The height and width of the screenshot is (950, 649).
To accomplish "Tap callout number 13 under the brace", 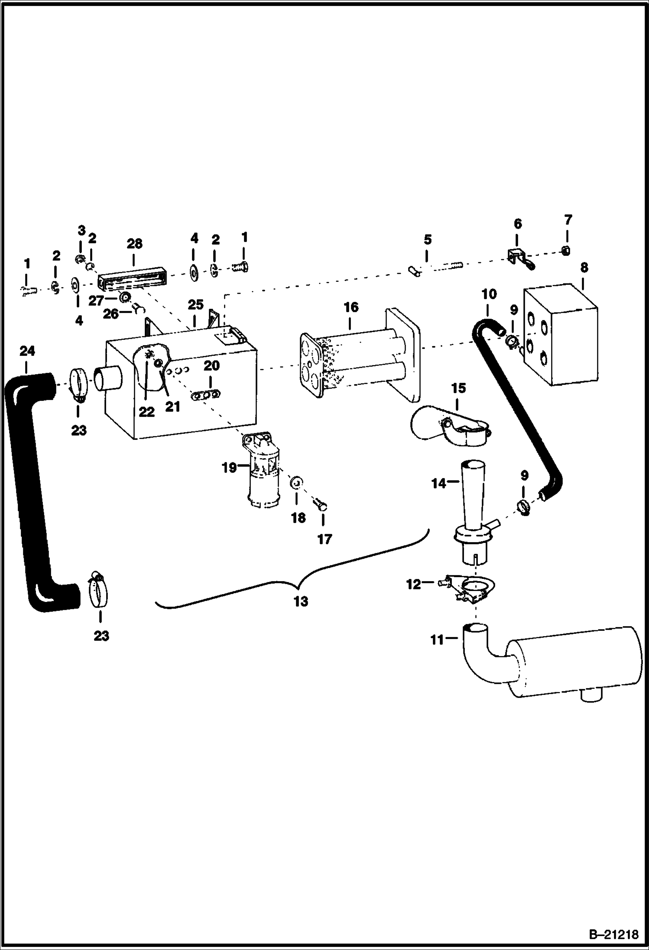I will pos(301,601).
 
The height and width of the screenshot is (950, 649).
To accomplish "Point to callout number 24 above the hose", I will pos(27,351).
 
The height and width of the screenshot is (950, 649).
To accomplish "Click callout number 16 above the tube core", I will pos(351,307).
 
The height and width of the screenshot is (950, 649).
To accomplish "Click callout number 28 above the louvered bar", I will pos(134,244).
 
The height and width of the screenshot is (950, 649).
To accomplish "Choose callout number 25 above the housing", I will pos(195,305).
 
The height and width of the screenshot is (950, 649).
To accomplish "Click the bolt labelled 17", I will pos(322,504).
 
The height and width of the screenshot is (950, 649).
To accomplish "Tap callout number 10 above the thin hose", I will pos(489,294).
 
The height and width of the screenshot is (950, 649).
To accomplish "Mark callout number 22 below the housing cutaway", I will pos(146,412).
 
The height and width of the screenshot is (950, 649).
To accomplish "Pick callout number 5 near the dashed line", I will pos(427,239).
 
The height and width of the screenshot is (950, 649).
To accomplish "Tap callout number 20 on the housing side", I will pos(211,366).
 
